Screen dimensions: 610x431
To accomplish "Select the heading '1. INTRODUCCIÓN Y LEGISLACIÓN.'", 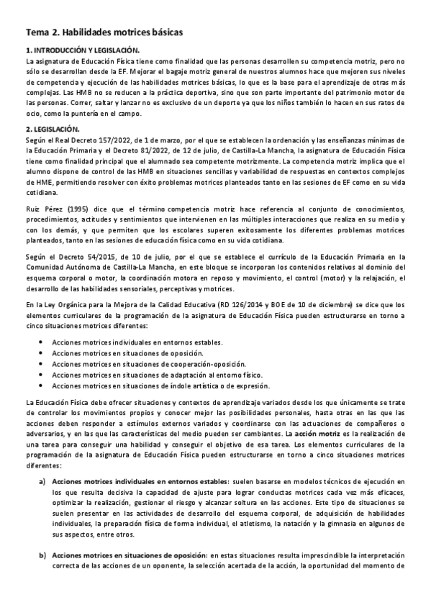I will click(x=82, y=51).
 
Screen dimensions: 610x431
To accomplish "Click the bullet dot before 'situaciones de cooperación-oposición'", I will click(x=41, y=365).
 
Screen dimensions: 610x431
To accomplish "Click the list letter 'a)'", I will click(x=42, y=481).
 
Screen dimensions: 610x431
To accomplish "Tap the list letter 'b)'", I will click(x=42, y=555).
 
